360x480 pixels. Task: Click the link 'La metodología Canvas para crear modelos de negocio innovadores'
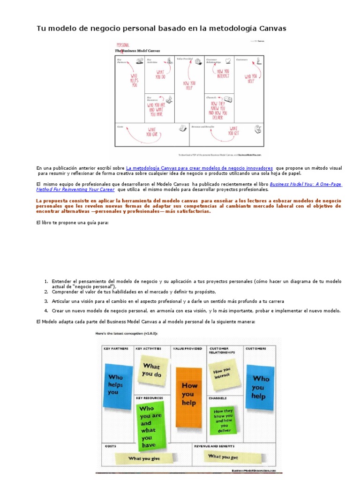point(199,168)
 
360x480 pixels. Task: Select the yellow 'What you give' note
point(144,458)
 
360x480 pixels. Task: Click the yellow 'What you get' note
point(223,456)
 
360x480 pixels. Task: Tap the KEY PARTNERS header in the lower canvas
point(116,349)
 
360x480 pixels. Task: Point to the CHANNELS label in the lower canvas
point(218,398)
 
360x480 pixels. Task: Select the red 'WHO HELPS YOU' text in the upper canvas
point(135,80)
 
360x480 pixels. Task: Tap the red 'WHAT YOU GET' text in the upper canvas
point(233,130)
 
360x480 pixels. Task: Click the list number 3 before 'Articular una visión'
point(46,301)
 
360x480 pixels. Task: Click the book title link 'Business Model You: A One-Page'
point(306,185)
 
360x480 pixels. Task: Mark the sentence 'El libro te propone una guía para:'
point(72,223)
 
